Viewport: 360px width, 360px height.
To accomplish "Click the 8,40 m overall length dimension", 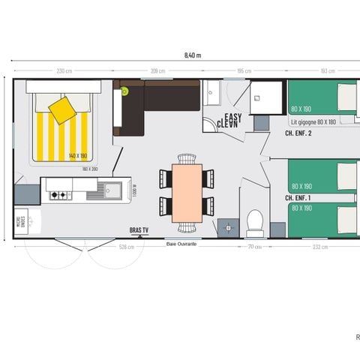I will point(192,55).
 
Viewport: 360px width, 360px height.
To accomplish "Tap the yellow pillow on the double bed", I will point(62,110).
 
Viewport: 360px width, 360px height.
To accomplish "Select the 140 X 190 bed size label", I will point(78,156).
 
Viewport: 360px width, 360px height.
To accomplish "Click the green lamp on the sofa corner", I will point(125,91).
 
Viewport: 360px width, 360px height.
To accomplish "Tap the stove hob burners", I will point(59,195).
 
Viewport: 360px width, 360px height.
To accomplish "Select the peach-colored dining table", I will point(187,192).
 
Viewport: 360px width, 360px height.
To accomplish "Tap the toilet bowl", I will point(254,223).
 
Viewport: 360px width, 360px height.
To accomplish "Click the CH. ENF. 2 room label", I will point(298,133).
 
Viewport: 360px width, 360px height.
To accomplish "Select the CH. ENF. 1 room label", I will point(298,197).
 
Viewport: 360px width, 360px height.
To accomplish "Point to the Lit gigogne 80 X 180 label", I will point(313,121).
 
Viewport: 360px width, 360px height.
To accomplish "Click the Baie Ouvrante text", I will point(181,244).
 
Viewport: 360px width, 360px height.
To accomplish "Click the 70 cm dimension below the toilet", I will point(255,246).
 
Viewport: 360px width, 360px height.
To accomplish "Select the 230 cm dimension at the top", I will point(64,71).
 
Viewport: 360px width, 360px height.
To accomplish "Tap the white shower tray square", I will point(265,97).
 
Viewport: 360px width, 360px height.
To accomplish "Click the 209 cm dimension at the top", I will point(158,71).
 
